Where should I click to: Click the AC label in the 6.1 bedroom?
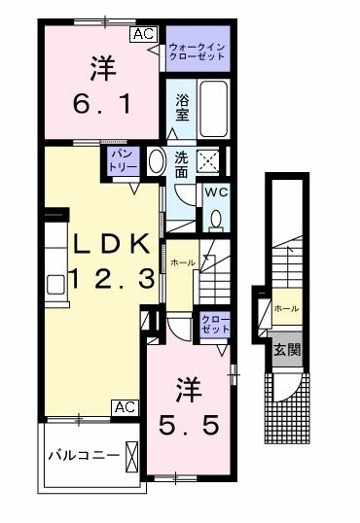pos(142,34)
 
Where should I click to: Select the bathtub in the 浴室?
pos(213,113)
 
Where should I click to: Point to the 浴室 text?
pos(182,107)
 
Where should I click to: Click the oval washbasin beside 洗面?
pos(155,161)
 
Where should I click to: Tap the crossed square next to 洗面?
pos(209,161)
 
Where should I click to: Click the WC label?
pos(213,191)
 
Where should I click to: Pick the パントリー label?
pos(122,159)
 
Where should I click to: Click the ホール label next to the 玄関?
pos(286,308)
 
